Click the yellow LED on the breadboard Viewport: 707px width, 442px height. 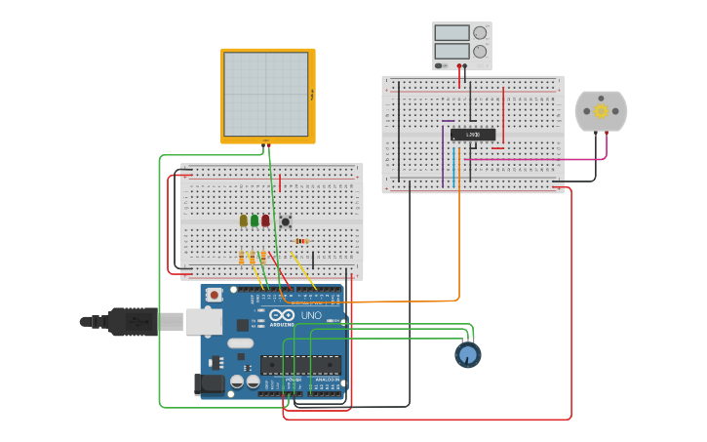pyautogui.click(x=243, y=221)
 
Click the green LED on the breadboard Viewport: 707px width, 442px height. pyautogui.click(x=255, y=221)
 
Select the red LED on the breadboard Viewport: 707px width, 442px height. pyautogui.click(x=265, y=221)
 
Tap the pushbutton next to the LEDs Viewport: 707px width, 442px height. pyautogui.click(x=285, y=221)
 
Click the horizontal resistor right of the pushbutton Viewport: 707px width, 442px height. pyautogui.click(x=301, y=241)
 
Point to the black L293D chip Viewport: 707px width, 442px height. pyautogui.click(x=472, y=135)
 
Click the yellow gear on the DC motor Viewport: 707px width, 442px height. pyautogui.click(x=601, y=111)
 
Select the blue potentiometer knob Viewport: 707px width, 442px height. pyautogui.click(x=468, y=354)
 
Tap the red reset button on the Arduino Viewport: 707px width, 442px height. pyautogui.click(x=214, y=294)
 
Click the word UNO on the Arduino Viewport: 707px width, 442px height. pyautogui.click(x=311, y=315)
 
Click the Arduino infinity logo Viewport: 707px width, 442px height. pyautogui.click(x=283, y=315)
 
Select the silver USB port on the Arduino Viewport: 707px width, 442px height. pyautogui.click(x=203, y=321)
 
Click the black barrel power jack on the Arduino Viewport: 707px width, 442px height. pyautogui.click(x=210, y=384)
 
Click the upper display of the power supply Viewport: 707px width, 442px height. pyautogui.click(x=452, y=32)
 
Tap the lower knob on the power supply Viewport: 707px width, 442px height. pyautogui.click(x=479, y=51)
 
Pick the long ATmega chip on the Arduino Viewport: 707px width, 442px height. pyautogui.click(x=300, y=366)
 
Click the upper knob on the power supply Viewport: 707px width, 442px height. pyautogui.click(x=479, y=32)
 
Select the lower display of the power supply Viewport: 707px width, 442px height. pyautogui.click(x=452, y=51)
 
